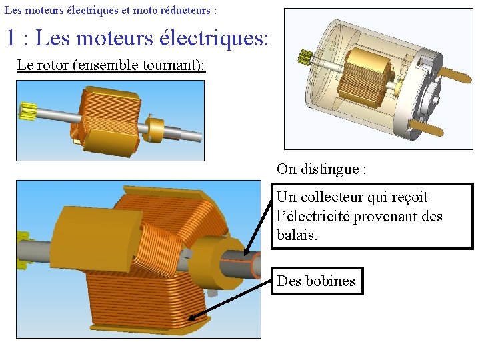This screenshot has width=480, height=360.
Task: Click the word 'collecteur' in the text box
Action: [331, 197]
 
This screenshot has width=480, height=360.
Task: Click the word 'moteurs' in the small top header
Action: [41, 11]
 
